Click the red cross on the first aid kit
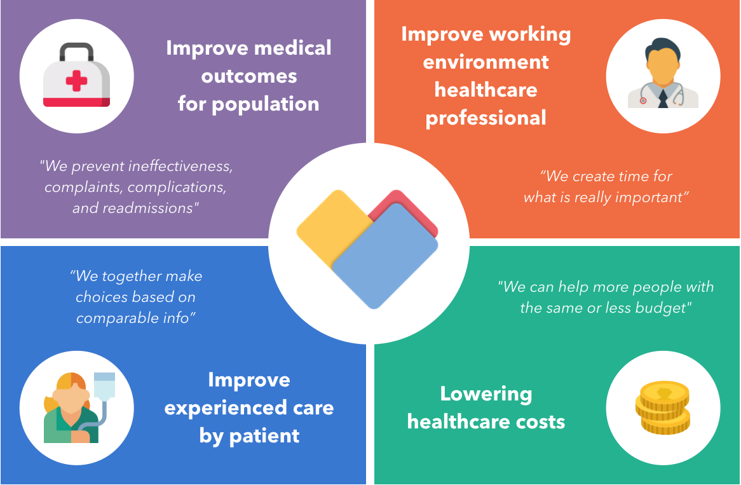[76, 81]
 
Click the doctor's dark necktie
[663, 98]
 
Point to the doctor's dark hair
[663, 47]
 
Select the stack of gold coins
[663, 407]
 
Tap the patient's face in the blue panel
[71, 399]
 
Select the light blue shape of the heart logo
[385, 256]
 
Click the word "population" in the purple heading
[265, 104]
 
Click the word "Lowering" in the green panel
[486, 394]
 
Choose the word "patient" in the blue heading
[264, 436]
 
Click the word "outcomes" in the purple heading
[249, 76]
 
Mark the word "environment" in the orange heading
[486, 62]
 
